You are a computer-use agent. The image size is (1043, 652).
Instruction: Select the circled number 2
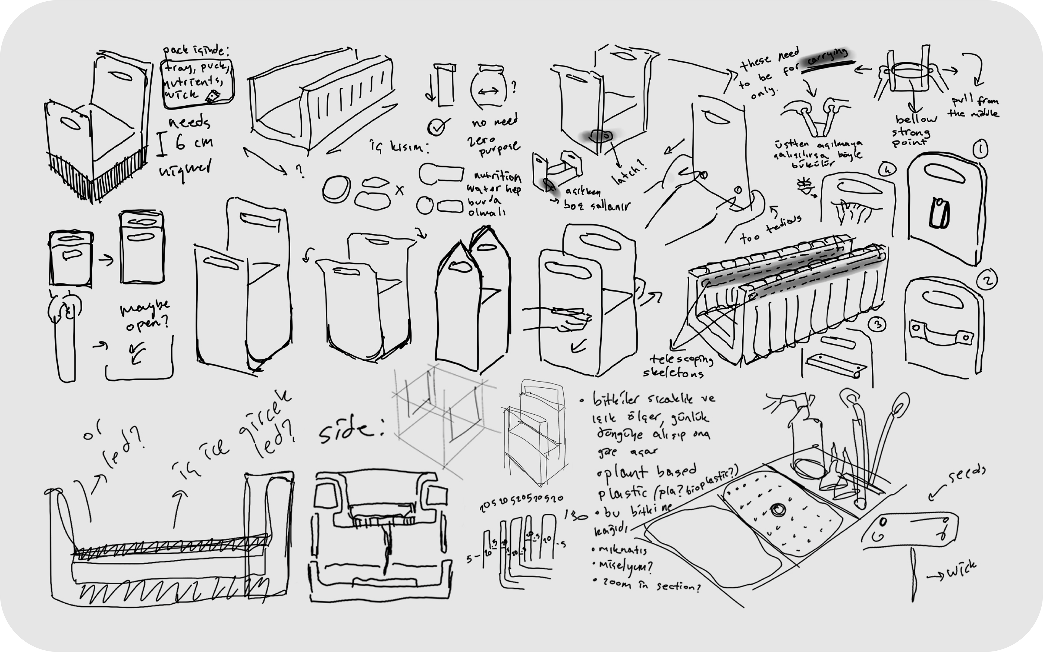click(x=987, y=281)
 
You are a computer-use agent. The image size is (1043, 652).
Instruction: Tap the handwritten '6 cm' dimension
click(x=194, y=142)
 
